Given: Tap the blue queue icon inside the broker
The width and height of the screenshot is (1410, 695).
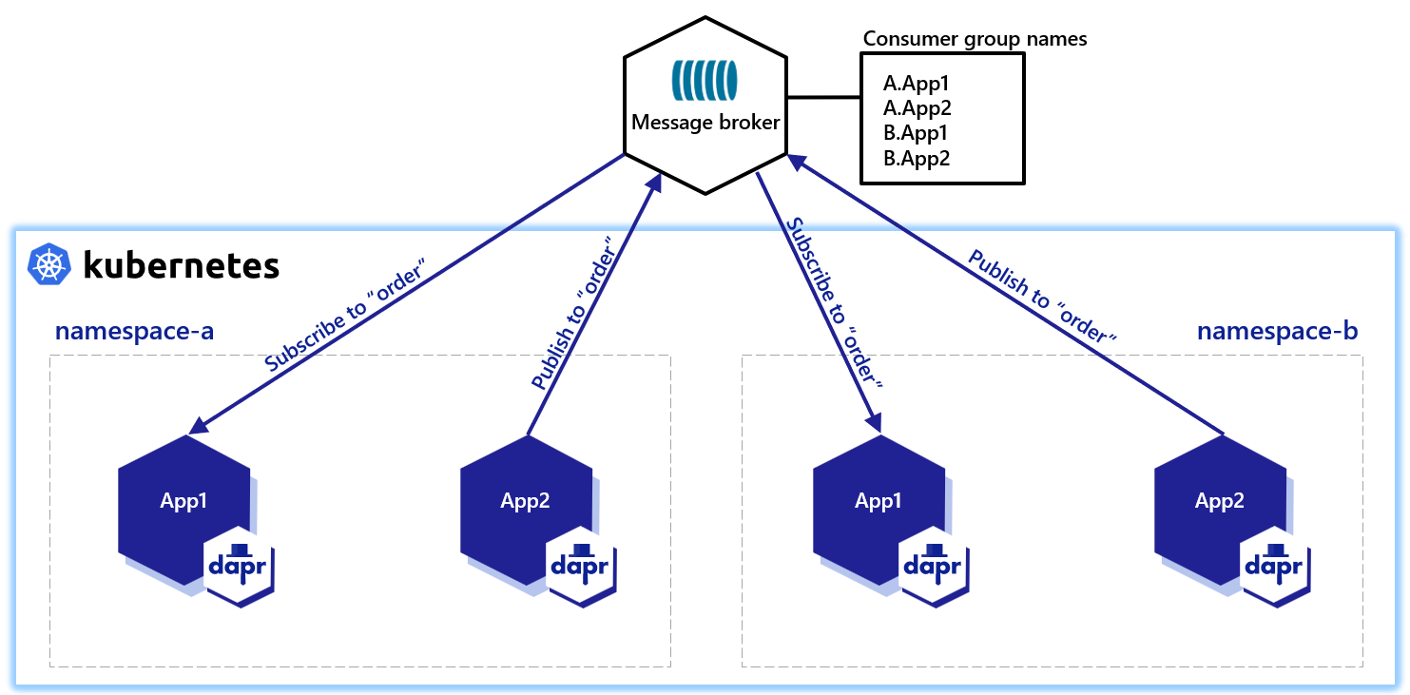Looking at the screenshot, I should tap(705, 81).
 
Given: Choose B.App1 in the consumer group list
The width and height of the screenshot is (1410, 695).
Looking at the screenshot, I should tap(916, 133).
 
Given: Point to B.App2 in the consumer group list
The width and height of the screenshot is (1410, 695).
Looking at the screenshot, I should tap(916, 158).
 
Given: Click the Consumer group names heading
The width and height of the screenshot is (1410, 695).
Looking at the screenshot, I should tap(975, 39).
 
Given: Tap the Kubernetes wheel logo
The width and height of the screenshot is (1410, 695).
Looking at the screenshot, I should tap(48, 264).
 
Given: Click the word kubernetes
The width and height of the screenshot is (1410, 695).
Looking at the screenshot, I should tap(181, 265).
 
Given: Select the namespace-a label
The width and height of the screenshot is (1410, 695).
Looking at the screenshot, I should tap(134, 332).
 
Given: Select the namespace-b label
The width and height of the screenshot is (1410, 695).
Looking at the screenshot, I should tap(1276, 332).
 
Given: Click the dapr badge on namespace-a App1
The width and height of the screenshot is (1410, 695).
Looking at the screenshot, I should tap(240, 567).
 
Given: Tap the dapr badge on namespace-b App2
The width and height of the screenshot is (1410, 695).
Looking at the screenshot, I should tap(1275, 567).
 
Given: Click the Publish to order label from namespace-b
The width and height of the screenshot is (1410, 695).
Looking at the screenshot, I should tap(1040, 296).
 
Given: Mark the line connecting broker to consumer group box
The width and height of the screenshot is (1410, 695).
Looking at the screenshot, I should tap(823, 97).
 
